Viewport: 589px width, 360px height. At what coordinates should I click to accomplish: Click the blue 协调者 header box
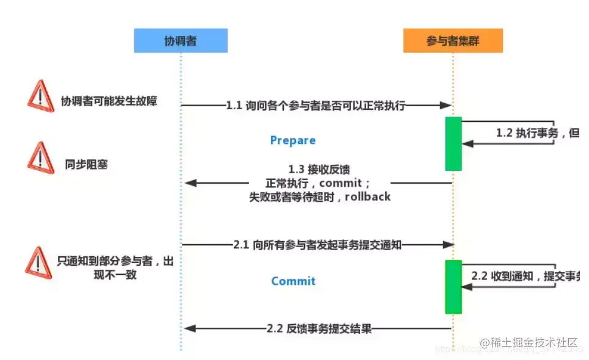coord(181,41)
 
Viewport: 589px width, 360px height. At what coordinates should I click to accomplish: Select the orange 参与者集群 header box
coord(453,41)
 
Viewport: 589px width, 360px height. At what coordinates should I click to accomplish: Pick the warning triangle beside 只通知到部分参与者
coord(38,262)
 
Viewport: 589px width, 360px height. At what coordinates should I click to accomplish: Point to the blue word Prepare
coord(293,140)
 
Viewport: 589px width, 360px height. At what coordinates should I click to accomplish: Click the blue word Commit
coord(294,281)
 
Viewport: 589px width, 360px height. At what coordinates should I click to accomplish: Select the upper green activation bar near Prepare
coord(453,143)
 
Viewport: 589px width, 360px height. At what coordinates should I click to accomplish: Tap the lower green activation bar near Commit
coord(453,286)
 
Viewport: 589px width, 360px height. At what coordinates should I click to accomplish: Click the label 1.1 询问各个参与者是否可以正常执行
coord(316,106)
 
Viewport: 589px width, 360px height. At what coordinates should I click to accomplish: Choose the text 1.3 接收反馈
coord(319,169)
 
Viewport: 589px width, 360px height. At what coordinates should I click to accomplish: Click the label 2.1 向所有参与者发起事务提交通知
coord(317,245)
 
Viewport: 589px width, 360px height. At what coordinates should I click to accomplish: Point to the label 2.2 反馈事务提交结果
coord(319,328)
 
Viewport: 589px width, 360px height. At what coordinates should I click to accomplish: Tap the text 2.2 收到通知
coord(502,276)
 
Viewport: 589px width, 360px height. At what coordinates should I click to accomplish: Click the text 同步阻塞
coord(86,164)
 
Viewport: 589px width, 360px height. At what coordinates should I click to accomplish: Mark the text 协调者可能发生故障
coord(109,101)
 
